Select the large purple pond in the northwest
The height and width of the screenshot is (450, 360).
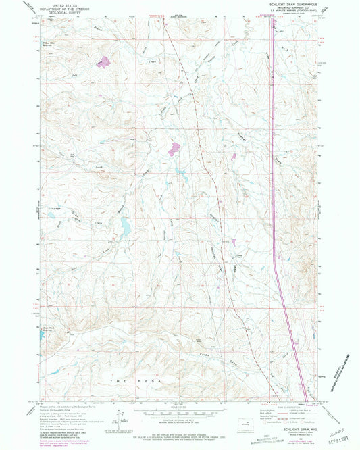[x=103, y=63]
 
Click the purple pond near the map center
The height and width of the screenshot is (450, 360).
[x=174, y=147]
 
